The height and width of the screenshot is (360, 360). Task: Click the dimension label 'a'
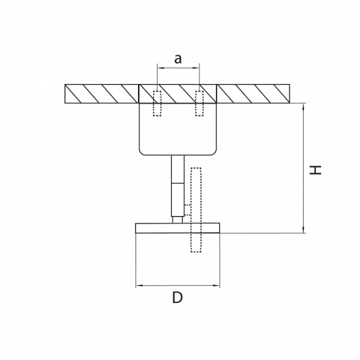click(x=178, y=58)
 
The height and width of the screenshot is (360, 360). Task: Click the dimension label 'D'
click(x=177, y=298)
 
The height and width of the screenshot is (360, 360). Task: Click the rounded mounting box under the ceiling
click(x=178, y=129)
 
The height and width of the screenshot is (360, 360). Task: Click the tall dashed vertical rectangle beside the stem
click(x=195, y=210)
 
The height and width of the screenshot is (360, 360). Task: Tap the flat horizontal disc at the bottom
click(x=178, y=228)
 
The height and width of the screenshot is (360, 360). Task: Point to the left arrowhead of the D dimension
click(x=139, y=286)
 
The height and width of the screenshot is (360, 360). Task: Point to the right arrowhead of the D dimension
click(x=217, y=286)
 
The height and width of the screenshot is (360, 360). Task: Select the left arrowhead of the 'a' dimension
click(x=159, y=69)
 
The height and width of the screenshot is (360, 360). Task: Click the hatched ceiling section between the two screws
click(x=178, y=94)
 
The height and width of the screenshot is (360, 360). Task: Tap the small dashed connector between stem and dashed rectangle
click(x=187, y=210)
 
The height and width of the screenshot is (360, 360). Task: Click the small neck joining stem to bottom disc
click(x=177, y=220)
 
